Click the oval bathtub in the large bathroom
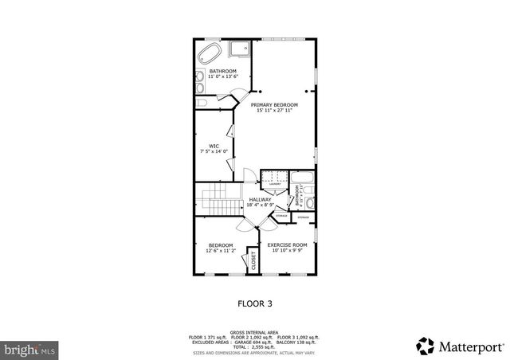210,55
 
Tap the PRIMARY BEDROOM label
274,104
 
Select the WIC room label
214,146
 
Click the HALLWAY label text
260,199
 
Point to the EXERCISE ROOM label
287,245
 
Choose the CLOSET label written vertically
253,260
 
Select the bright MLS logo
30,349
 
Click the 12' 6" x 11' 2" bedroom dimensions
221,250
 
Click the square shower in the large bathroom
240,51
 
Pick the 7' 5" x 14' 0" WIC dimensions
214,151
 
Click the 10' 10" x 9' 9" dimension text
287,250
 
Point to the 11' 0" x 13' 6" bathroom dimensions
223,76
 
